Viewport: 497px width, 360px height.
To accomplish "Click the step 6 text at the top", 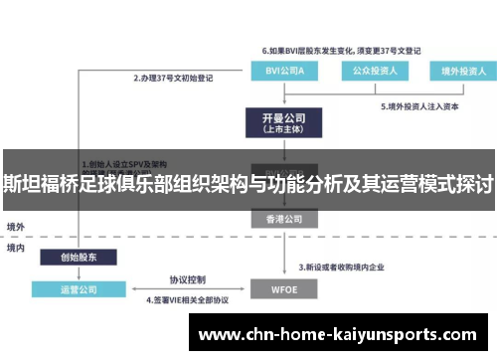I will coord(341,49).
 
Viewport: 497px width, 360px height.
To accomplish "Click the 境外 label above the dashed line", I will coord(16,226).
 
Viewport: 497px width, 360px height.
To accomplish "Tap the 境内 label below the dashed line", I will coord(16,247).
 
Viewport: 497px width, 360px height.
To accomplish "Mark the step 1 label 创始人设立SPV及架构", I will coord(127,164).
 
